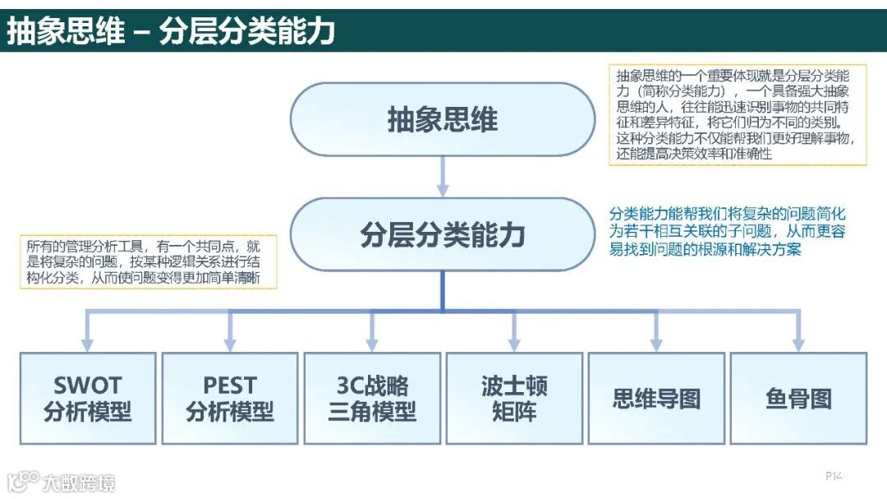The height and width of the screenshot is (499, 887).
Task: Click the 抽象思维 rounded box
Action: click(443, 120)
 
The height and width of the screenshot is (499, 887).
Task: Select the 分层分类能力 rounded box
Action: click(443, 235)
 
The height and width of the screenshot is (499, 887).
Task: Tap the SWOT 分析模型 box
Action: click(88, 399)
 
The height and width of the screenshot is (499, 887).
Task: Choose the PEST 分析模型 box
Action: click(230, 399)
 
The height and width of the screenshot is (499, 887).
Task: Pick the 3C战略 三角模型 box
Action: click(372, 399)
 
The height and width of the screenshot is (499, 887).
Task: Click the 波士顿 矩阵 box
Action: click(514, 399)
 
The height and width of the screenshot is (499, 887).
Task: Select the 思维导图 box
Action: click(656, 399)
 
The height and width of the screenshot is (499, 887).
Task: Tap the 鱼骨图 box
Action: click(798, 399)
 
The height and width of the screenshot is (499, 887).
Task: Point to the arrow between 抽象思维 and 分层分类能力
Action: click(443, 176)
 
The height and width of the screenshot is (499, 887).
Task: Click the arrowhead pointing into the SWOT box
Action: click(88, 344)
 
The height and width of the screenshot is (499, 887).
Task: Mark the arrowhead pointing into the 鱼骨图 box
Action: click(798, 344)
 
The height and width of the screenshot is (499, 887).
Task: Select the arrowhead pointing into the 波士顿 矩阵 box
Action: click(514, 344)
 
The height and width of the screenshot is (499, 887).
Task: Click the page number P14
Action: click(834, 475)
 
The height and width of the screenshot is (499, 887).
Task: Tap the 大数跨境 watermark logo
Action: click(62, 481)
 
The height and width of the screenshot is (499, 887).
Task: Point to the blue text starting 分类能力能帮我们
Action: click(727, 230)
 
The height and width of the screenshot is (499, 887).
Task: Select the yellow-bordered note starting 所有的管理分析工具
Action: click(148, 261)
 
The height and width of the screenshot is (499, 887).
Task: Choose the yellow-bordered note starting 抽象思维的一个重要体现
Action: click(738, 114)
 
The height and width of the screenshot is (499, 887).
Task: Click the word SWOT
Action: click(87, 386)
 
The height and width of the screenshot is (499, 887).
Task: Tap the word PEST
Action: click(230, 386)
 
